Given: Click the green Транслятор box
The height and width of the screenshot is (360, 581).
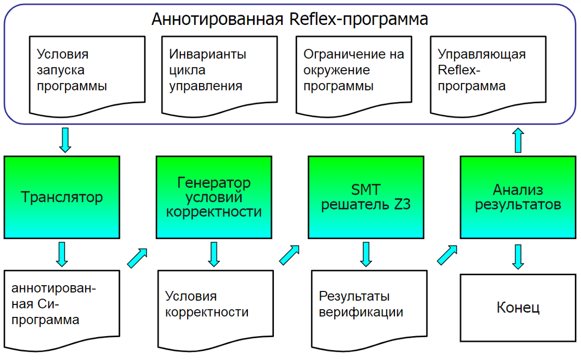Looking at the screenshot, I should pyautogui.click(x=62, y=197).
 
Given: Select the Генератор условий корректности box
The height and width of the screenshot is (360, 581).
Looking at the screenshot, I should pyautogui.click(x=214, y=197).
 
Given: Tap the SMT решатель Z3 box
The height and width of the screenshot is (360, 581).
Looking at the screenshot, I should pyautogui.click(x=366, y=197).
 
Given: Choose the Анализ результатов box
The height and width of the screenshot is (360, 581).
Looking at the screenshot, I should pyautogui.click(x=519, y=197).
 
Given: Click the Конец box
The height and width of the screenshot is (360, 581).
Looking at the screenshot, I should pyautogui.click(x=519, y=308).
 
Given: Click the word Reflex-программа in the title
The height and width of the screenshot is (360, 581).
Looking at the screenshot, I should pyautogui.click(x=359, y=20).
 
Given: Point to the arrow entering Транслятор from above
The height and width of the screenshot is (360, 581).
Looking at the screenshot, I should pyautogui.click(x=65, y=140).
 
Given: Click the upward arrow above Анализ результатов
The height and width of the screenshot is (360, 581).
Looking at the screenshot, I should pyautogui.click(x=518, y=141).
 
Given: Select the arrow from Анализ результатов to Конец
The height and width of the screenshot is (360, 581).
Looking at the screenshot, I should pyautogui.click(x=518, y=256).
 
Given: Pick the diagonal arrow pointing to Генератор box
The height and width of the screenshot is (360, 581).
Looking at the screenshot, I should pyautogui.click(x=137, y=258).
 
